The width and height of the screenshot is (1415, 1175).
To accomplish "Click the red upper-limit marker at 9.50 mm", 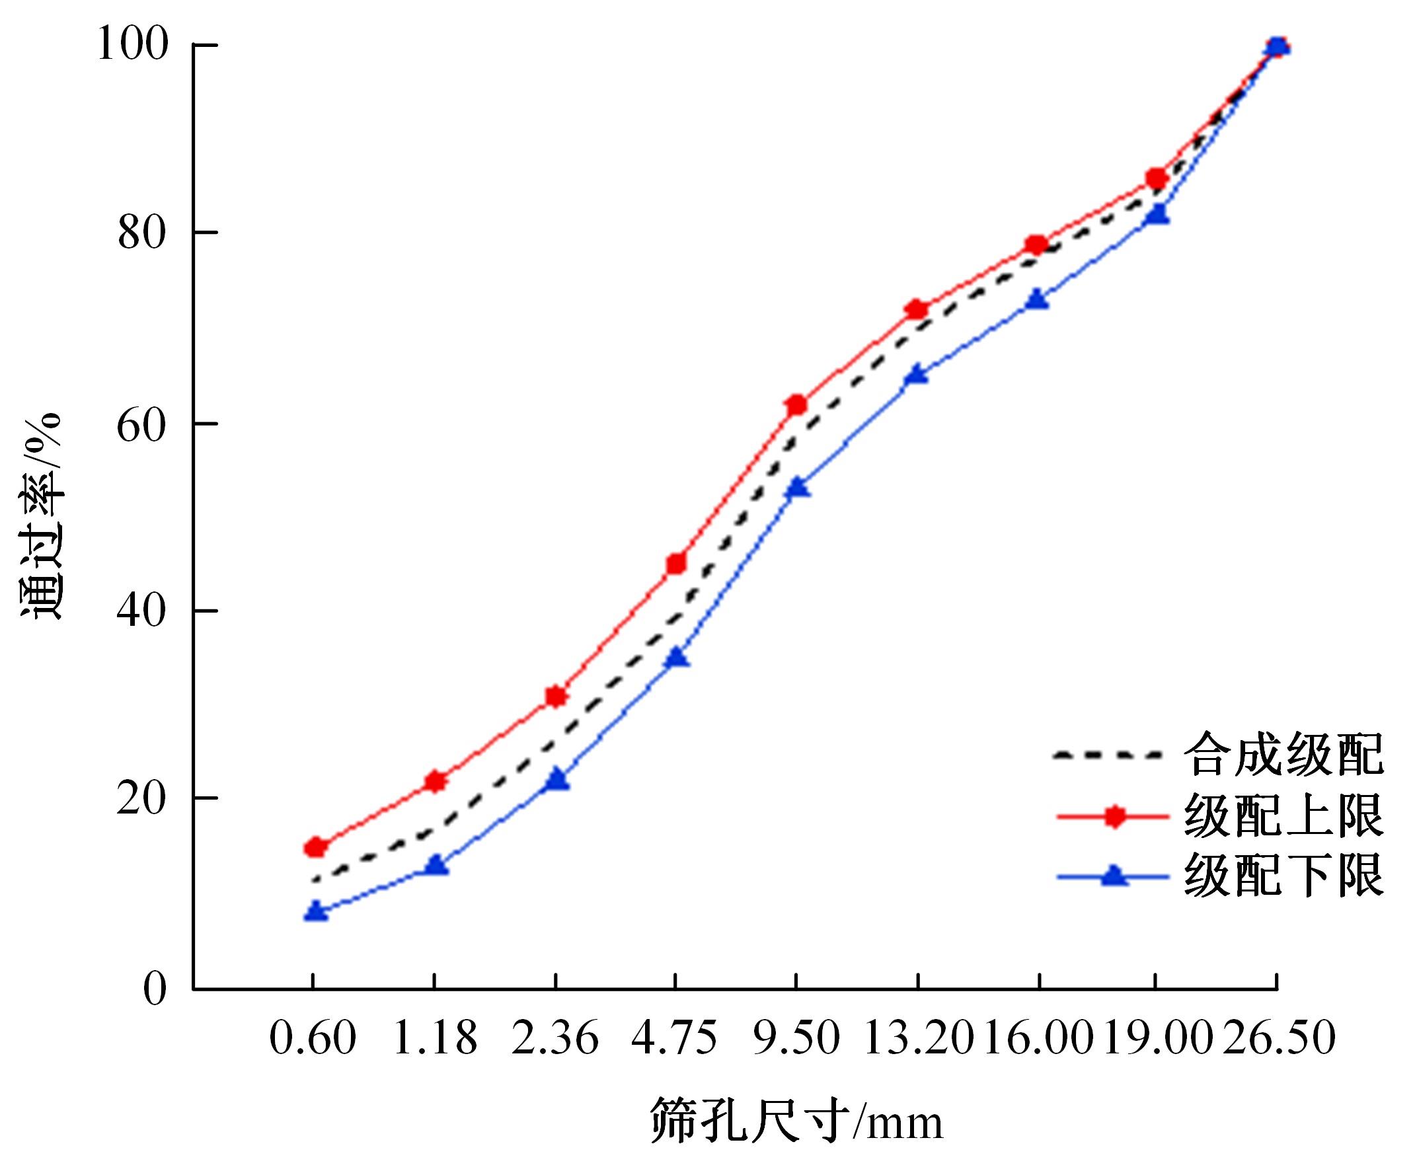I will pyautogui.click(x=796, y=405).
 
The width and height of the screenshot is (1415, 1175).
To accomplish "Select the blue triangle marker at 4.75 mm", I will pyautogui.click(x=677, y=657).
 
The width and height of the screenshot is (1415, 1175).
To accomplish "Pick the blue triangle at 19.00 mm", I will pyautogui.click(x=1158, y=215).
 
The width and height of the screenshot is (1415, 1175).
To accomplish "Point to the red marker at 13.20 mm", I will pyautogui.click(x=917, y=310).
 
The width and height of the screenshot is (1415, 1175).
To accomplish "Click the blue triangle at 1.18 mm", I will pyautogui.click(x=437, y=865).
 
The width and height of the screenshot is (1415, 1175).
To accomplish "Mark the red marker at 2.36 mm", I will pyautogui.click(x=556, y=697).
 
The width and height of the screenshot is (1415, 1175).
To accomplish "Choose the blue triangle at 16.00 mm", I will pyautogui.click(x=1037, y=299).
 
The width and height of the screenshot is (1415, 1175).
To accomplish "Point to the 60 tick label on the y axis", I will pyautogui.click(x=141, y=425).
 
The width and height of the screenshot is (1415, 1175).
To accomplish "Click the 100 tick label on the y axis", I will pyautogui.click(x=132, y=44).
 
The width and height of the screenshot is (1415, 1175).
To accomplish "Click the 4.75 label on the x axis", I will pyautogui.click(x=675, y=1038).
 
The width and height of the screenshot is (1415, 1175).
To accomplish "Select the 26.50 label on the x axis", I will pyautogui.click(x=1279, y=1038).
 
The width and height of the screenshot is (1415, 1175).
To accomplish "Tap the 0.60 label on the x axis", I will pyautogui.click(x=313, y=1038).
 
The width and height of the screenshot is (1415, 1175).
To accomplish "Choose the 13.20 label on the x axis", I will pyautogui.click(x=918, y=1038).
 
